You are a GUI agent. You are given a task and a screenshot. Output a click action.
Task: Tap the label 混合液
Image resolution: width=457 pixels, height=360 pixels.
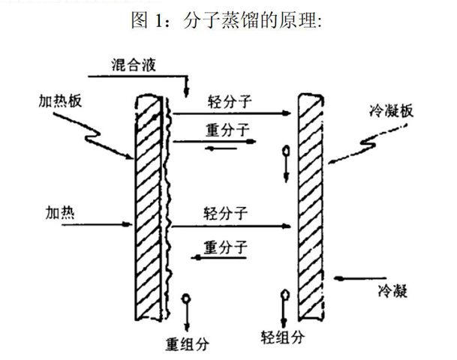[x=134, y=64]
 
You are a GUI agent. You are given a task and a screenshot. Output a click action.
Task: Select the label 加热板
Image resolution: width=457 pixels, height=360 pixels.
[x=60, y=102]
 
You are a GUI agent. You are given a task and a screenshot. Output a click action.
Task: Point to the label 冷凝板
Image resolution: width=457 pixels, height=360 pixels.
[x=391, y=111]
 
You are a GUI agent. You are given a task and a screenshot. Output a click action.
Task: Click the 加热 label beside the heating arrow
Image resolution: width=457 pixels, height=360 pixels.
[x=60, y=213]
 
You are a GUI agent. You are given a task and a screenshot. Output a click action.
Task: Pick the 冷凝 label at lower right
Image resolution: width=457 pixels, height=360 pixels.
[x=392, y=290]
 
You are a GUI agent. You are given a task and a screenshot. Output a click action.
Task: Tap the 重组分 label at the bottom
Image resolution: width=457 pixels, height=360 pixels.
[x=188, y=344]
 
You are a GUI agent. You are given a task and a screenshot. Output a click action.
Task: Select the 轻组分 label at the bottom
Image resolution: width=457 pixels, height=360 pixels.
[x=282, y=337]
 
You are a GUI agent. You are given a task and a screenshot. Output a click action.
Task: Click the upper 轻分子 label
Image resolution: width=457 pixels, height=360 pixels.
[x=230, y=102]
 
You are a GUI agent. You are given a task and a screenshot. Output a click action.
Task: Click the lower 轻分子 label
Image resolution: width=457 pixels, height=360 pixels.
[x=226, y=214]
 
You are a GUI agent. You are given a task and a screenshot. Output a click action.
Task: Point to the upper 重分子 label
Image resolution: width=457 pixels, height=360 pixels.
[x=227, y=130]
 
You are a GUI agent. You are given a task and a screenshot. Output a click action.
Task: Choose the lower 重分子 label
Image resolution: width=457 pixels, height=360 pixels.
[x=226, y=247]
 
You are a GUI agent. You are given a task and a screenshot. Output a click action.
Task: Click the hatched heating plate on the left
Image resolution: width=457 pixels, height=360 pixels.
[x=149, y=208]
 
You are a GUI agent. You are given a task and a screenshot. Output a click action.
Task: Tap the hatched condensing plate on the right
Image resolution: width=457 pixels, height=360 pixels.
[x=311, y=207]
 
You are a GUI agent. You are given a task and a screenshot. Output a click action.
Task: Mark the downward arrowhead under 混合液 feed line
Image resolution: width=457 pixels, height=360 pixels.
[x=186, y=92]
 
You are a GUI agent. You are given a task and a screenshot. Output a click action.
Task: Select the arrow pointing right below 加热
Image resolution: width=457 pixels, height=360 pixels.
[x=97, y=224]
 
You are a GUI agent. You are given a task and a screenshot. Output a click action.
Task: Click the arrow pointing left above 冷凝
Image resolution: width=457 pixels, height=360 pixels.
[x=360, y=279]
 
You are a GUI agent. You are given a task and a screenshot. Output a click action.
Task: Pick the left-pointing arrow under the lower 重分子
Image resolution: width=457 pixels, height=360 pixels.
[x=219, y=257]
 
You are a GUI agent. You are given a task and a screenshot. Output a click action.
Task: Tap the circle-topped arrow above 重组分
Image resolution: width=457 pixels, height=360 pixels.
[x=186, y=312]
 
